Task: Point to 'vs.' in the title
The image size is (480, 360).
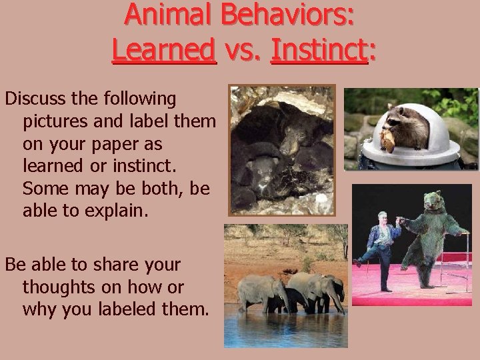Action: (x=243, y=49)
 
